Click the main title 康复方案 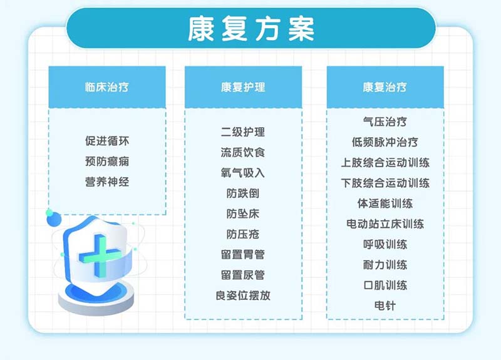click(x=250, y=28)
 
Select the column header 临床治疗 click(x=107, y=87)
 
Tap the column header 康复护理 click(x=243, y=87)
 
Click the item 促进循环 click(x=107, y=141)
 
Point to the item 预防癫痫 click(x=107, y=162)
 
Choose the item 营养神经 click(x=107, y=182)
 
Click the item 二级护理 click(x=243, y=131)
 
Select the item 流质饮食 click(x=243, y=152)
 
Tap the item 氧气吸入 click(x=243, y=173)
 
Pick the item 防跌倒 click(x=243, y=193)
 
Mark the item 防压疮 click(x=243, y=234)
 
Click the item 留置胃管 click(x=243, y=255)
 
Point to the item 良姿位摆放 click(x=243, y=296)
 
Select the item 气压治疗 click(x=385, y=121)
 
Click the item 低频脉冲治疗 click(x=385, y=142)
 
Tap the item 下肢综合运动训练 click(x=385, y=183)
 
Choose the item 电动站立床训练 click(x=385, y=224)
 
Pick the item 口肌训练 click(x=385, y=285)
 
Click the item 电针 click(x=385, y=306)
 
